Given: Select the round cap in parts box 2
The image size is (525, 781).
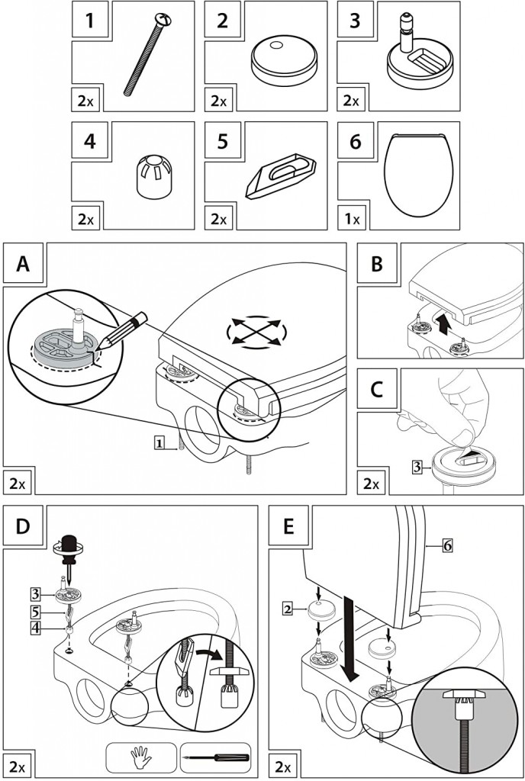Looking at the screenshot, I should (283, 61).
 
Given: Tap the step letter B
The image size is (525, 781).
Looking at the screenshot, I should (378, 265).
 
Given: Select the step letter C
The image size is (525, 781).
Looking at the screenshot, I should (378, 388).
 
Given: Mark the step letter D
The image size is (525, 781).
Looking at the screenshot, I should (24, 527).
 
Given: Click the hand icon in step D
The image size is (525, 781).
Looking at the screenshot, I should (142, 759).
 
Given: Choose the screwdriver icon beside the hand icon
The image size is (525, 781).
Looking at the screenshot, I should (215, 759).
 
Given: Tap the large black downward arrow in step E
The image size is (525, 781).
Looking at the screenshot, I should (351, 641).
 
